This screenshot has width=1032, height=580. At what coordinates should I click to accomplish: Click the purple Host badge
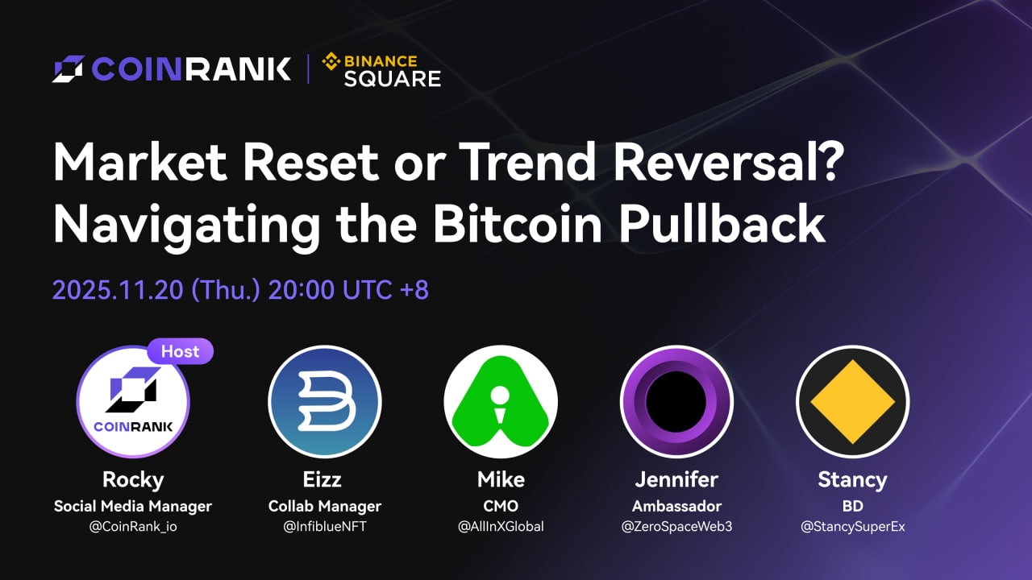[x=180, y=351]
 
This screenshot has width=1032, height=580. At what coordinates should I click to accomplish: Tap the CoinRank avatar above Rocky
[x=133, y=401]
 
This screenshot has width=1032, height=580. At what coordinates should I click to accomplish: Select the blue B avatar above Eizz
[x=324, y=401]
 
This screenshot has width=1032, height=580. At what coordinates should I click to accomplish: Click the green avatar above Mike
[x=500, y=401]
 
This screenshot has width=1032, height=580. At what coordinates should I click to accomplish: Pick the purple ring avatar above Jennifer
[x=676, y=401]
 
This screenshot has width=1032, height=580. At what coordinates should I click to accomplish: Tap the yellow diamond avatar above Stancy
[x=852, y=401]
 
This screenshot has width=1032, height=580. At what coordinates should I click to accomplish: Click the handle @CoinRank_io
[x=133, y=527]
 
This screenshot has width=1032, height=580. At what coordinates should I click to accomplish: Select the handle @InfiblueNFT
[x=324, y=527]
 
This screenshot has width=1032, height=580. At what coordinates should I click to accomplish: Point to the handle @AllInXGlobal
[x=500, y=527]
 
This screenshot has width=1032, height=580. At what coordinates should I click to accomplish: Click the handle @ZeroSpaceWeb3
[x=676, y=527]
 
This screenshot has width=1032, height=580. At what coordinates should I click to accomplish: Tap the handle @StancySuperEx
[x=852, y=527]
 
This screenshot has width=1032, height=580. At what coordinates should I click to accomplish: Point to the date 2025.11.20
[x=118, y=290]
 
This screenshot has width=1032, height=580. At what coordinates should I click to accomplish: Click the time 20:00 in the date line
[x=300, y=290]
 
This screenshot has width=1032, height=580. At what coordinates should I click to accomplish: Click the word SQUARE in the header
[x=393, y=78]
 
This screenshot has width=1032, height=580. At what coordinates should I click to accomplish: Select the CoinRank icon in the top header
[x=69, y=68]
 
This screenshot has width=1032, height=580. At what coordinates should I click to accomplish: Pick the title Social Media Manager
[x=133, y=506]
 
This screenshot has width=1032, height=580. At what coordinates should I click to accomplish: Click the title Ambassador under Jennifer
[x=676, y=506]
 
